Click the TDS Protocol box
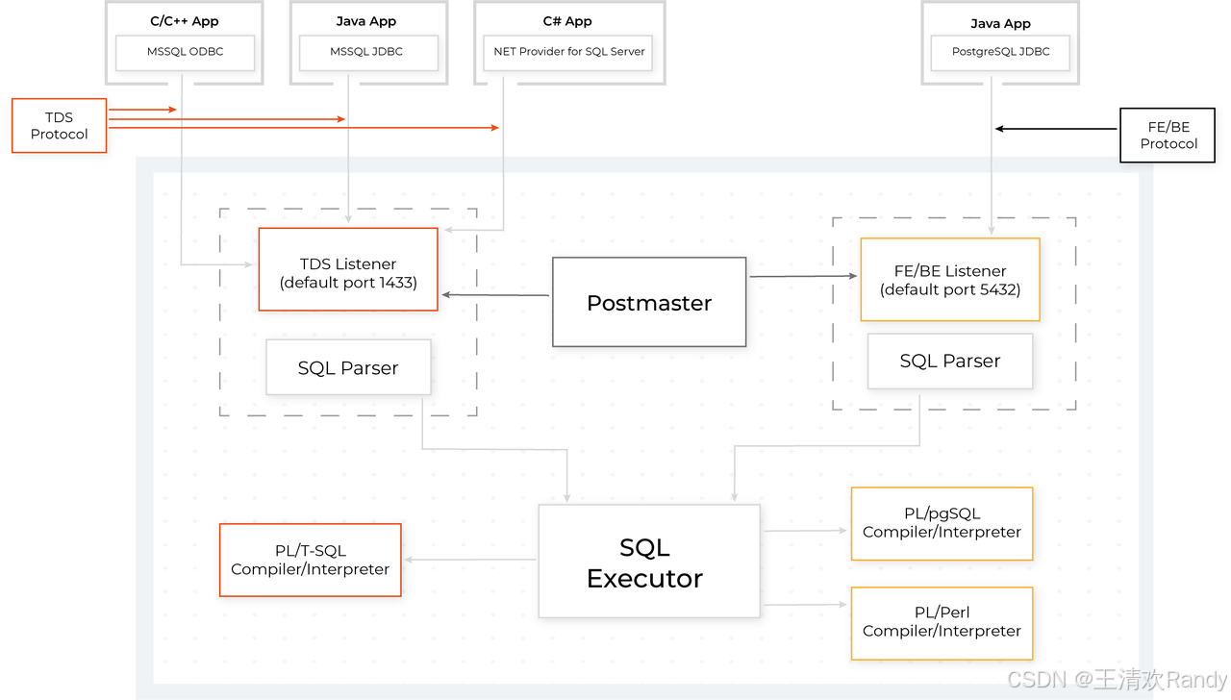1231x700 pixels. tap(59, 126)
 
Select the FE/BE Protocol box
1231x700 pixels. tap(1168, 135)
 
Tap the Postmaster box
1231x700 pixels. tap(649, 302)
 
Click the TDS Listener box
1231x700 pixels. tap(348, 269)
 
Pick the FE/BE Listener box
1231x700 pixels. tap(949, 280)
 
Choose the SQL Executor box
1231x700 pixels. tap(648, 562)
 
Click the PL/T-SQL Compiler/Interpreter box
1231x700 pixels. tap(310, 560)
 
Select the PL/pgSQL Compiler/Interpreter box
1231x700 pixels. tap(942, 523)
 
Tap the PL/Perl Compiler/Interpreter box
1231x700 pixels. tap(942, 622)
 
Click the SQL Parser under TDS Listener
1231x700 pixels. tap(348, 367)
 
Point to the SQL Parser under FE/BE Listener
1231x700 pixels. tap(949, 361)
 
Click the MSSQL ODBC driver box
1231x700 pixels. tap(185, 52)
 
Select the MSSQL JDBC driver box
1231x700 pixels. tap(368, 52)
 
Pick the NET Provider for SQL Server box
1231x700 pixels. tap(569, 52)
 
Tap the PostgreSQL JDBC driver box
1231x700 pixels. tap(1000, 52)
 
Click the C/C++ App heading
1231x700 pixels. tap(185, 21)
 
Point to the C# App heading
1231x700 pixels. tap(567, 21)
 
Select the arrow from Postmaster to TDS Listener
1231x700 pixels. tap(495, 295)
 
